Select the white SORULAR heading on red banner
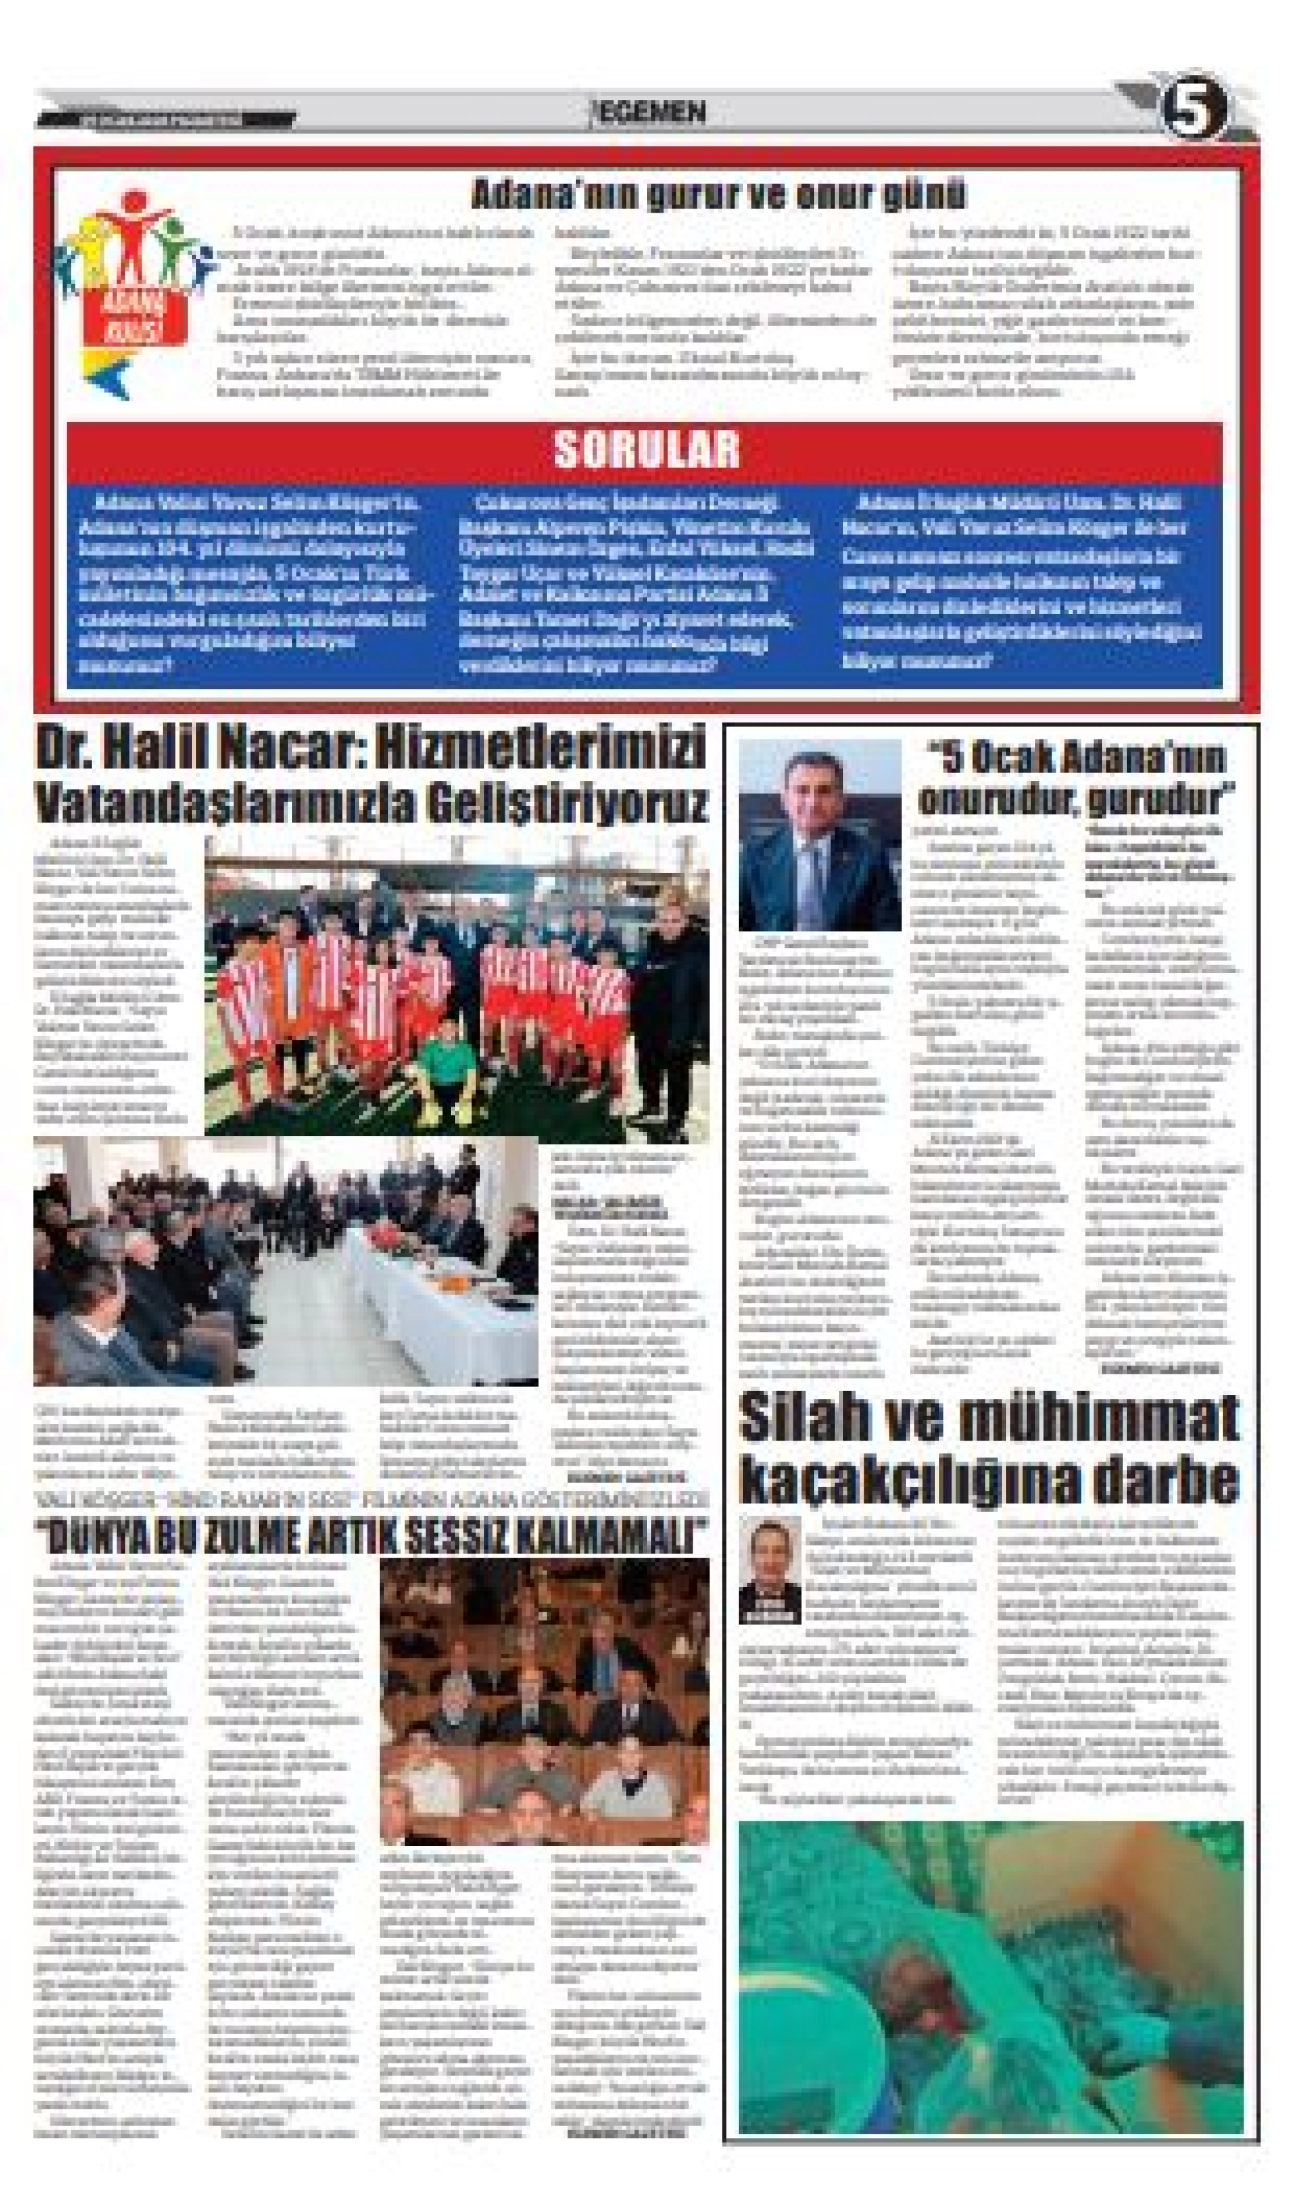[x=646, y=449]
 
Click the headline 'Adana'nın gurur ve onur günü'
[x=718, y=194]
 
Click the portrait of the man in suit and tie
[x=819, y=836]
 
